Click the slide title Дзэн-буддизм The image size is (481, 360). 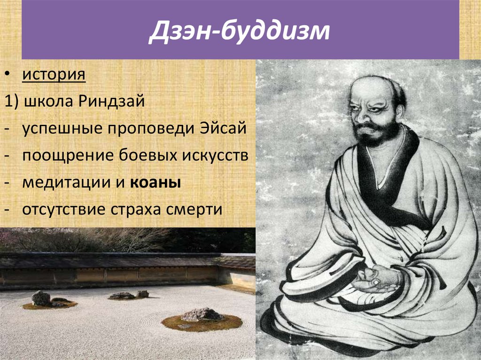[x=240, y=31]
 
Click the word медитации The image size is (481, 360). [x=57, y=183]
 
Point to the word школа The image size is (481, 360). [x=44, y=102]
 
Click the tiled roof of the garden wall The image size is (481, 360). [x=117, y=260]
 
